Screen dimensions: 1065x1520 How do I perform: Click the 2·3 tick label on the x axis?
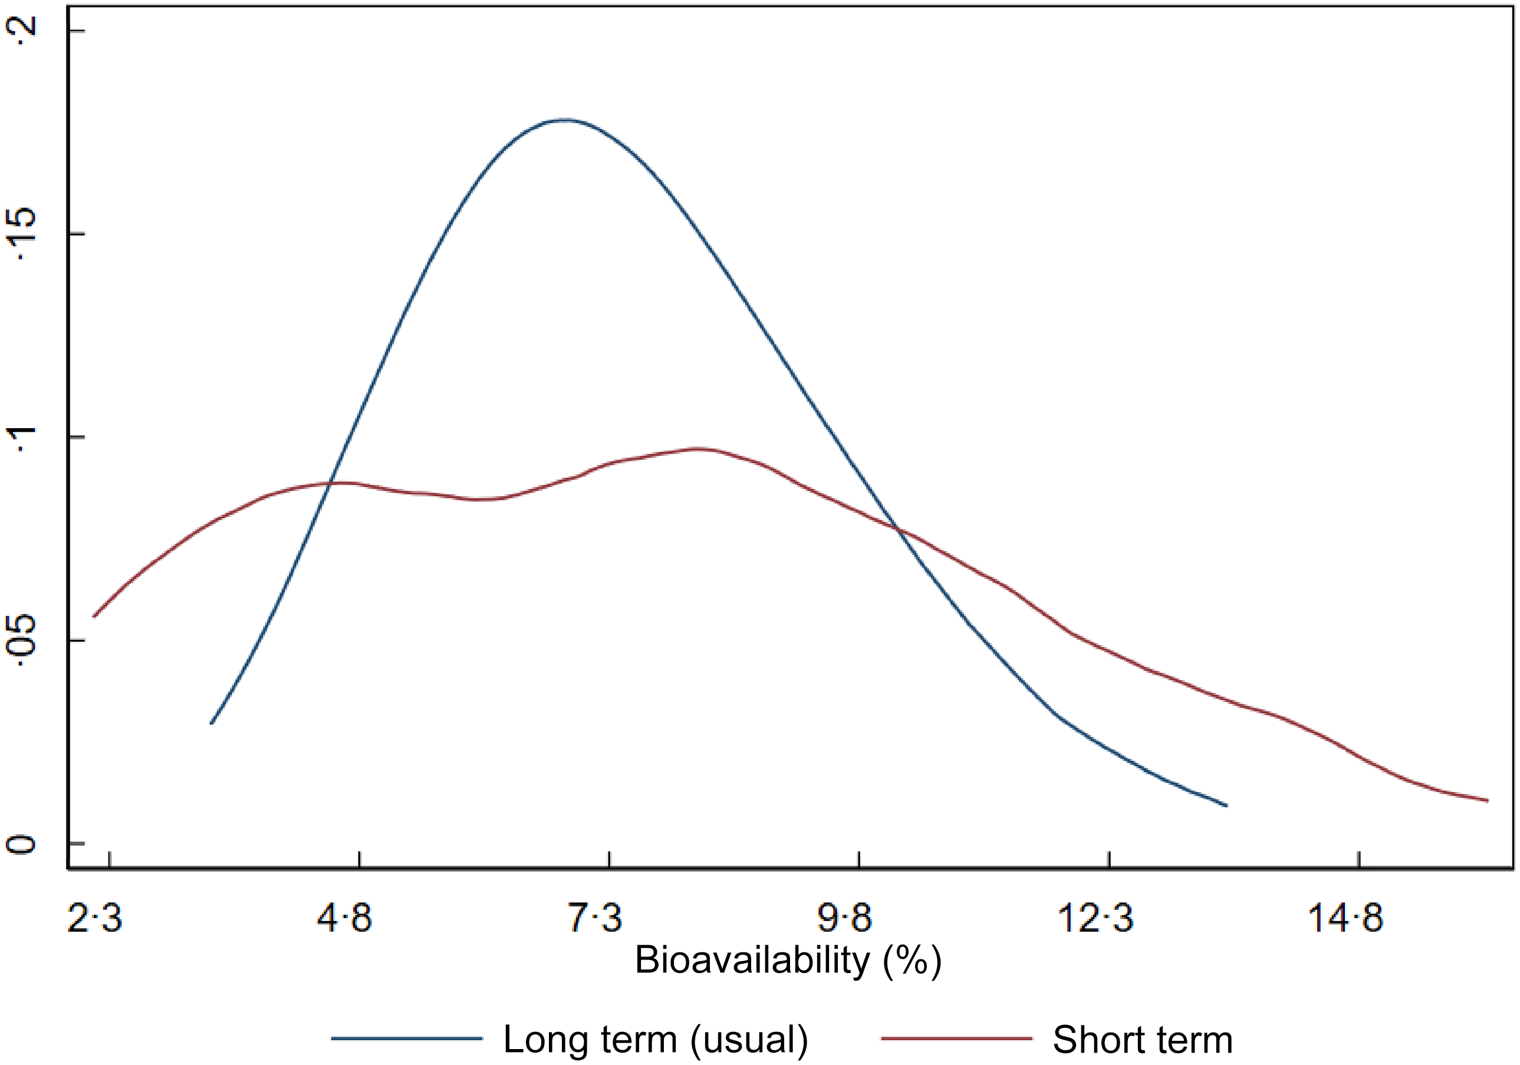pyautogui.click(x=95, y=919)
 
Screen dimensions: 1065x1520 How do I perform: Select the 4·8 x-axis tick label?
pyautogui.click(x=344, y=919)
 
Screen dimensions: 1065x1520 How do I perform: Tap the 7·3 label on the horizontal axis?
pyautogui.click(x=594, y=919)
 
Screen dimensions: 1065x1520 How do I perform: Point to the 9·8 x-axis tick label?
pyautogui.click(x=844, y=919)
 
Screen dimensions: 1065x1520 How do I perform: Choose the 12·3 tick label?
pyautogui.click(x=1095, y=919)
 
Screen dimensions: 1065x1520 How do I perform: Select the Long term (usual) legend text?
pyautogui.click(x=656, y=1038)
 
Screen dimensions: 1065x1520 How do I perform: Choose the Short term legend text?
pyautogui.click(x=1143, y=1038)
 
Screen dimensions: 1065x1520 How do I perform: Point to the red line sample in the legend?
pyautogui.click(x=956, y=1038)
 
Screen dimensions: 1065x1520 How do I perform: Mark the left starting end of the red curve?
pyautogui.click(x=93, y=617)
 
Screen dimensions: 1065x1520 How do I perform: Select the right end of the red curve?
pyautogui.click(x=1488, y=801)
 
